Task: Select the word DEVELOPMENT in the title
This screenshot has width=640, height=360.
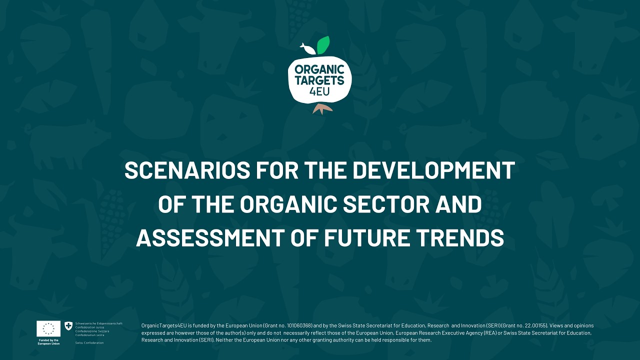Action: tap(433, 171)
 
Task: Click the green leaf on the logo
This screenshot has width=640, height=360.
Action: tap(323, 45)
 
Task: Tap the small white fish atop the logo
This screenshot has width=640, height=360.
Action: tap(308, 49)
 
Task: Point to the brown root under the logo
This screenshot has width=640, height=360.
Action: tap(322, 108)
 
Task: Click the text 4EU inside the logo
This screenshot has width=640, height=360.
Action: tap(320, 91)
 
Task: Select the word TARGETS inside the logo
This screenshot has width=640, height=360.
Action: tap(320, 80)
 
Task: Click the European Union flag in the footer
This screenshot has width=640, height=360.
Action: tap(48, 328)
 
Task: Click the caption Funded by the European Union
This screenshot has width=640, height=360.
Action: tap(48, 341)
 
